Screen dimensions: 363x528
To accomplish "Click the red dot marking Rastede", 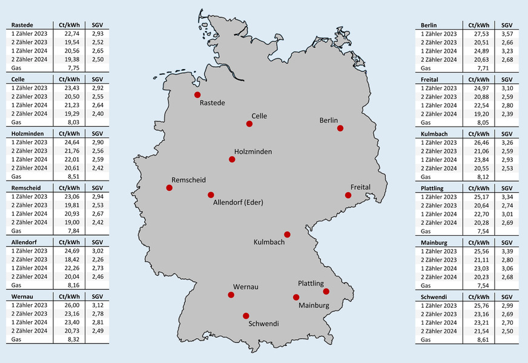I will (x=197, y=95).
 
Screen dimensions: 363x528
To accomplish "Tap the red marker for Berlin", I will (x=340, y=128).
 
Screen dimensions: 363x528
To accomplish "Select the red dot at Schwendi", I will (x=246, y=316).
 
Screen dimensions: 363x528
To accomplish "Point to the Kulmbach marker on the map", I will (x=288, y=235).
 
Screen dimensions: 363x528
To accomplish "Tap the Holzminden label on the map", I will (x=253, y=151).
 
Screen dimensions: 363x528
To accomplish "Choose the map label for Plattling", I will (x=311, y=284).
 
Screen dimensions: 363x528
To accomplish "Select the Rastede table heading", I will (x=22, y=25).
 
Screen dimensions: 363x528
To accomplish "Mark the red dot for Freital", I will (x=348, y=195).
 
